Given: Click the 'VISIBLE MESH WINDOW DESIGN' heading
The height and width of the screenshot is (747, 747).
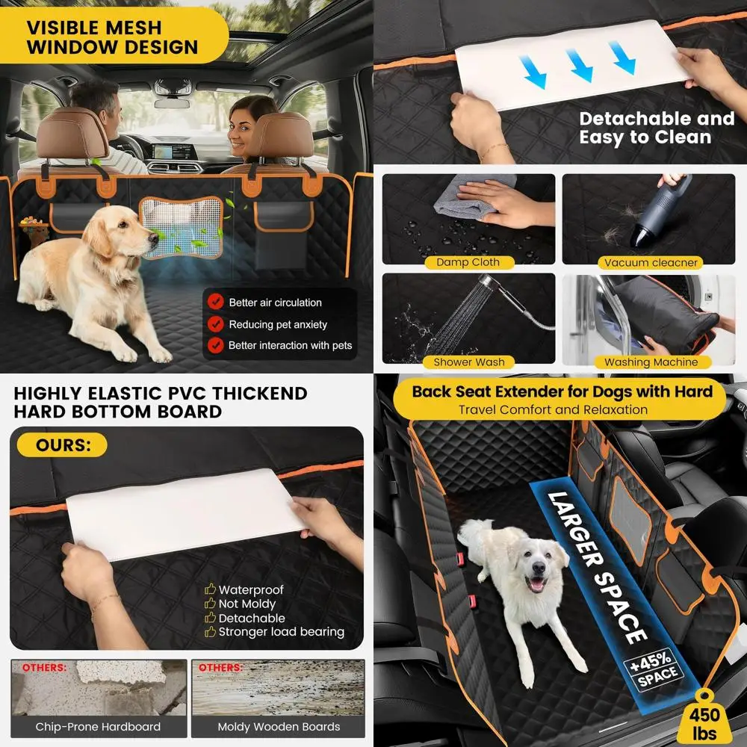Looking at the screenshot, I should pyautogui.click(x=112, y=37).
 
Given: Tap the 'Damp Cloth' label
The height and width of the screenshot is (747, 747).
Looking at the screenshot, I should pyautogui.click(x=468, y=262).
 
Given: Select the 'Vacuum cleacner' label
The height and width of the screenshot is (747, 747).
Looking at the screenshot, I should pyautogui.click(x=651, y=262).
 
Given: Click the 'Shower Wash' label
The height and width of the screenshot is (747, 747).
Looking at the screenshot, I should pyautogui.click(x=468, y=362).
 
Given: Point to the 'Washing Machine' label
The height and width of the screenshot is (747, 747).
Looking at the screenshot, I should pyautogui.click(x=651, y=362).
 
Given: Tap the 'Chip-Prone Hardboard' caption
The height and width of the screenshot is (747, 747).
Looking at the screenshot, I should pyautogui.click(x=98, y=726).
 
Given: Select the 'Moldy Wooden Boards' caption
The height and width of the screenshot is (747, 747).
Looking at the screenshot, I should pyautogui.click(x=279, y=726).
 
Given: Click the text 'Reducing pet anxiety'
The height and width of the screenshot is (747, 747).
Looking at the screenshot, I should pyautogui.click(x=278, y=324).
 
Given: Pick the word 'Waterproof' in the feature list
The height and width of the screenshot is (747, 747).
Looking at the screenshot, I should pyautogui.click(x=251, y=590).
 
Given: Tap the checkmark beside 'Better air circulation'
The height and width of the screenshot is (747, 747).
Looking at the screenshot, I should pyautogui.click(x=216, y=302).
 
